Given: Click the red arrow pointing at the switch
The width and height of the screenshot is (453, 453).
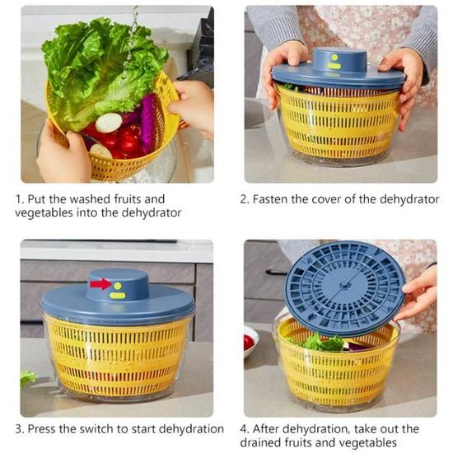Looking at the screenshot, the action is (x=101, y=284).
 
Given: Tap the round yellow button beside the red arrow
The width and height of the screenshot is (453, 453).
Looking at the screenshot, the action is (x=118, y=286).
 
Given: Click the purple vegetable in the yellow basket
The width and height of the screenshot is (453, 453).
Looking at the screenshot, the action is (x=147, y=124).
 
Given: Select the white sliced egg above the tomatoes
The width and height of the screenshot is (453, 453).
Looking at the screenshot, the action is (x=109, y=123).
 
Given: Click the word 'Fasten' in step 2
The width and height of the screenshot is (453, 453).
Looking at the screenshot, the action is (x=270, y=199).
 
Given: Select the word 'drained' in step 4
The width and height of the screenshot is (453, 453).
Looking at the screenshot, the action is (x=260, y=442).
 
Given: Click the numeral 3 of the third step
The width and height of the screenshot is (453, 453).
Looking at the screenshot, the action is (x=18, y=429).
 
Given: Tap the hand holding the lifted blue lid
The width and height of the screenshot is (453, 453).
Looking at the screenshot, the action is (x=418, y=295).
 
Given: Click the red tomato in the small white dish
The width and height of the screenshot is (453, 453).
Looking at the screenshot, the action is (x=248, y=343).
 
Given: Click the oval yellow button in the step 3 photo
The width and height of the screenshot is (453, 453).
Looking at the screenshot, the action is (x=117, y=295).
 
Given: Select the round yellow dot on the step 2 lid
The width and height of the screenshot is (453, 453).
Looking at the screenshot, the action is (x=334, y=58).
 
